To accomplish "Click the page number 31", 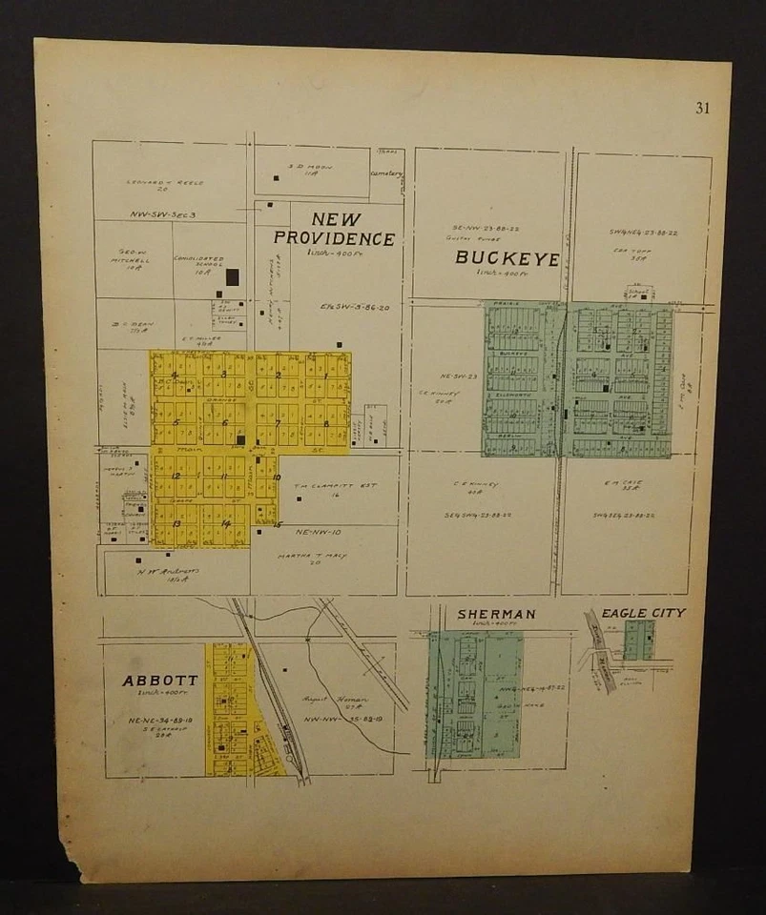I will [x=702, y=108].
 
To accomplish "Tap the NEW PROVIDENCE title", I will [x=334, y=229].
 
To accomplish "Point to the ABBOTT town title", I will [x=160, y=681].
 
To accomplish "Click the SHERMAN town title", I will [x=496, y=614].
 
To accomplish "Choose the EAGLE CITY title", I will [x=643, y=613].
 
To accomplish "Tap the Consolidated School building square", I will [x=232, y=277].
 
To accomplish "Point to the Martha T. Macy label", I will [x=312, y=556].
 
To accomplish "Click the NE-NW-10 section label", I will [x=318, y=531].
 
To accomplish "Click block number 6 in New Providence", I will [x=225, y=422].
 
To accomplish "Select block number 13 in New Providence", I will [x=176, y=523].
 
